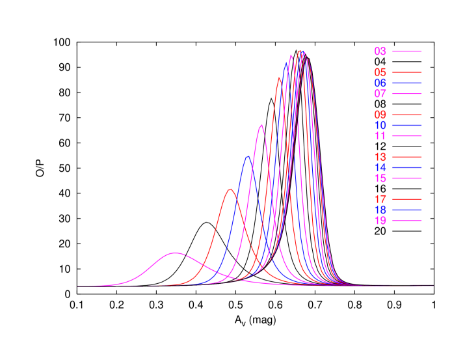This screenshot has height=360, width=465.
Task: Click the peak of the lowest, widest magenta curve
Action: point(174,253)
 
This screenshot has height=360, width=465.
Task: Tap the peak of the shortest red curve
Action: point(230,189)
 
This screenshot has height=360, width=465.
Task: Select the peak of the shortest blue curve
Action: point(247,156)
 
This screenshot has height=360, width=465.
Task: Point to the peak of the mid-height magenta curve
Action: point(261,124)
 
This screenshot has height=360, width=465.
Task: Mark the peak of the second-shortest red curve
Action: point(279,77)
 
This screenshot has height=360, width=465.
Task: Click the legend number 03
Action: point(380,51)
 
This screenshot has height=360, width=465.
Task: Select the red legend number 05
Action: point(380,72)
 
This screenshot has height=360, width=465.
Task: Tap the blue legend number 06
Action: point(380,83)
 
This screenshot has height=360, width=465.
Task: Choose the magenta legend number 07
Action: point(380,94)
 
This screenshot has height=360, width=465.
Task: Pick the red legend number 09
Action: point(380,115)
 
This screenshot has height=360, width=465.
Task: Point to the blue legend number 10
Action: point(380,125)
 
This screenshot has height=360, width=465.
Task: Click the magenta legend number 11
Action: point(380,136)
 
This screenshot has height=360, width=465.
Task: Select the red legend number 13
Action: point(380,157)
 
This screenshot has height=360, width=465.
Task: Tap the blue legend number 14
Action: point(380,167)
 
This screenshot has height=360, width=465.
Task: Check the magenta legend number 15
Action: point(380,178)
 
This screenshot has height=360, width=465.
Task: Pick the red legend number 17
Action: point(380,199)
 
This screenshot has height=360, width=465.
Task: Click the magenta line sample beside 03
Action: point(407,51)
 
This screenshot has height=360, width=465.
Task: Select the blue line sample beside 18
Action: point(407,210)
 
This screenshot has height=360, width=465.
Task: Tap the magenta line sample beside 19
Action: point(407,221)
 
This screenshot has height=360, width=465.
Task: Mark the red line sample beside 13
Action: point(407,157)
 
